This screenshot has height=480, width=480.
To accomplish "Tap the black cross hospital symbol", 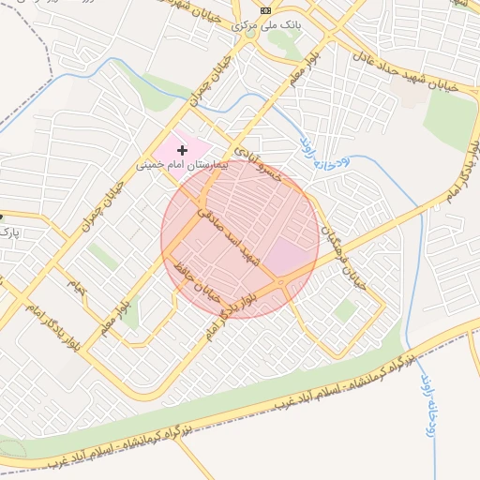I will (182, 150).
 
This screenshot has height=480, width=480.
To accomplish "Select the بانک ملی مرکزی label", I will (266, 25).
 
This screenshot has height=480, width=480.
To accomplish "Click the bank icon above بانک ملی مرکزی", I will (265, 10).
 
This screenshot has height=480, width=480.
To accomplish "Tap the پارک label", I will (8, 231).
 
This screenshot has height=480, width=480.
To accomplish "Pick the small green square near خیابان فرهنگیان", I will (345, 310).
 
